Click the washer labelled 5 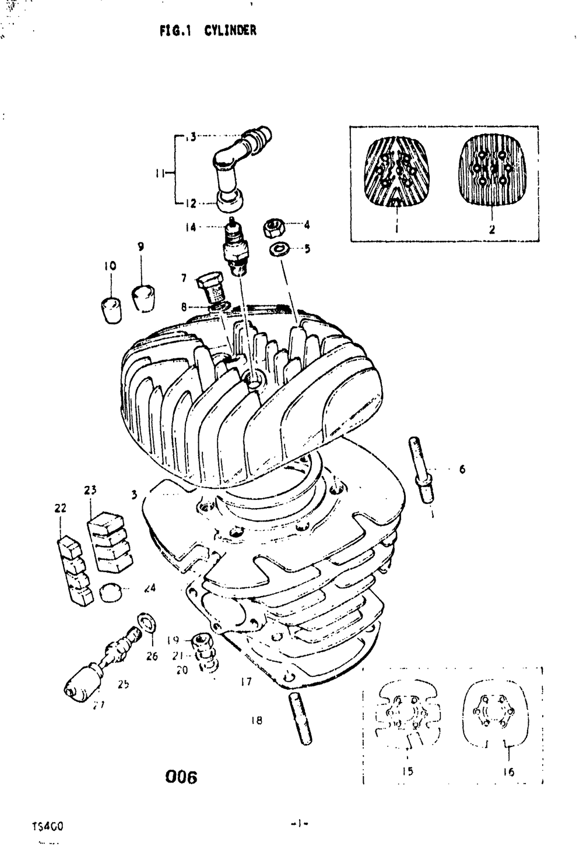pyautogui.click(x=279, y=249)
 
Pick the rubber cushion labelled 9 pyautogui.click(x=143, y=297)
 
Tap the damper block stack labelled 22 pyautogui.click(x=75, y=571)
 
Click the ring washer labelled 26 pyautogui.click(x=147, y=623)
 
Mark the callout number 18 pyautogui.click(x=257, y=720)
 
